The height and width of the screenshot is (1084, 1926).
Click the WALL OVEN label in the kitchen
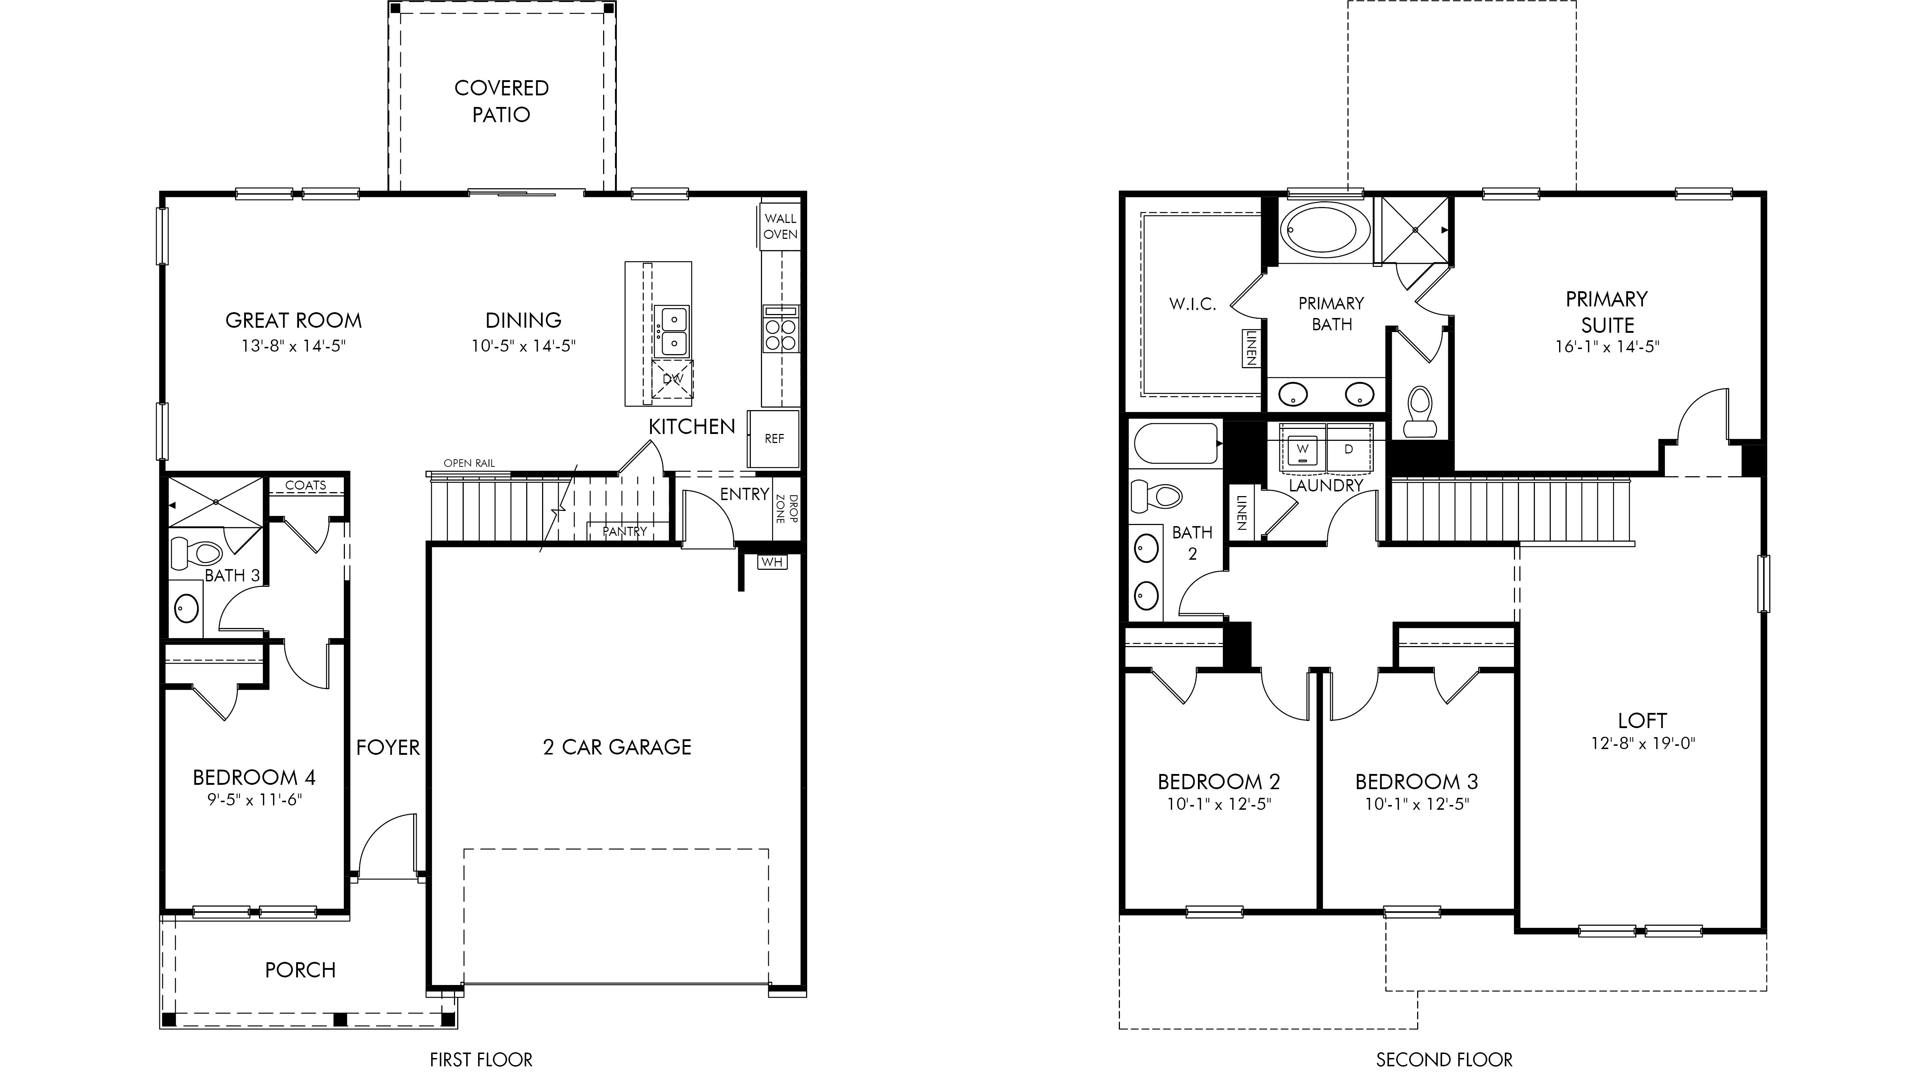coord(780,226)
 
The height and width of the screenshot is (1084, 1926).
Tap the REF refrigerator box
coord(774,439)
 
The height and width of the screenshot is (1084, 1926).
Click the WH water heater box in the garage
coord(772,561)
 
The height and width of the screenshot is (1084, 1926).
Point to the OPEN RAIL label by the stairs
coord(469,463)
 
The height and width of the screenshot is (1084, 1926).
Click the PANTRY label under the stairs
coord(624,531)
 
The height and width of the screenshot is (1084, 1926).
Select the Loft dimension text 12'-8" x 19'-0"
coord(1642,744)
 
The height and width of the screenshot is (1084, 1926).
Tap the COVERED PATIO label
coord(502,101)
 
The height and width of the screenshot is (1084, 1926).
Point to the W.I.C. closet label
coord(1193,304)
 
